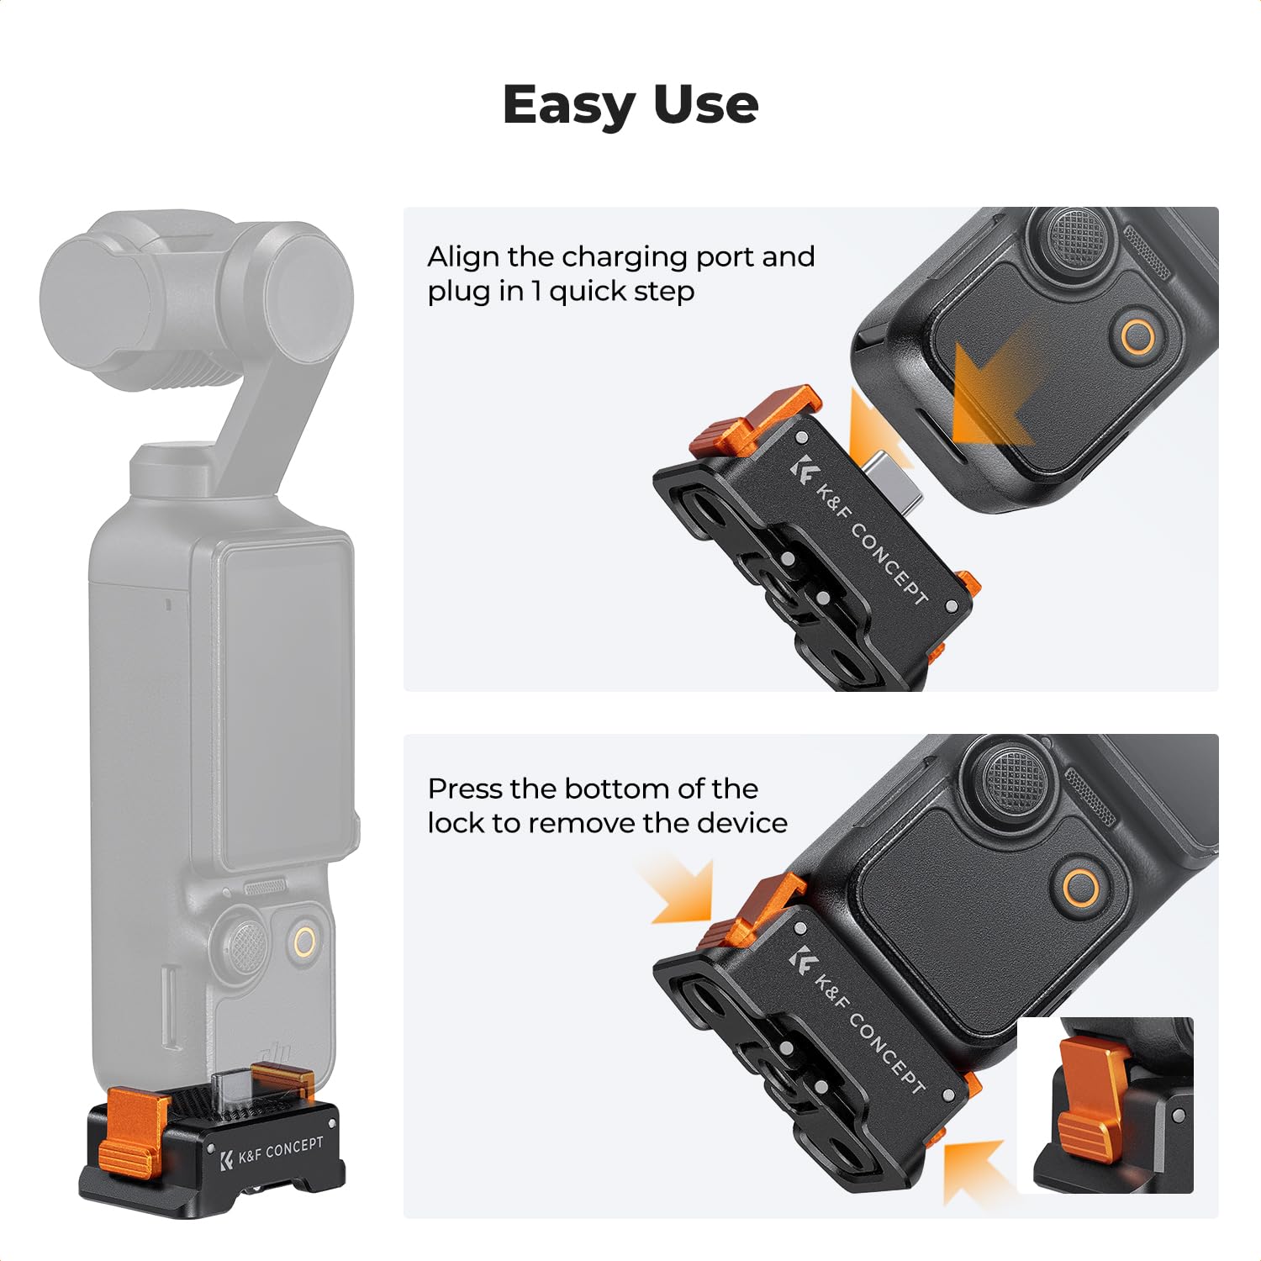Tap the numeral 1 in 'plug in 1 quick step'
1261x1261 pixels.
point(536,292)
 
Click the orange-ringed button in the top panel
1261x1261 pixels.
point(1138,337)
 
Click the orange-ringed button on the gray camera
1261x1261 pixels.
point(305,942)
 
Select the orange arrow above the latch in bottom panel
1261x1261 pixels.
point(681,891)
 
